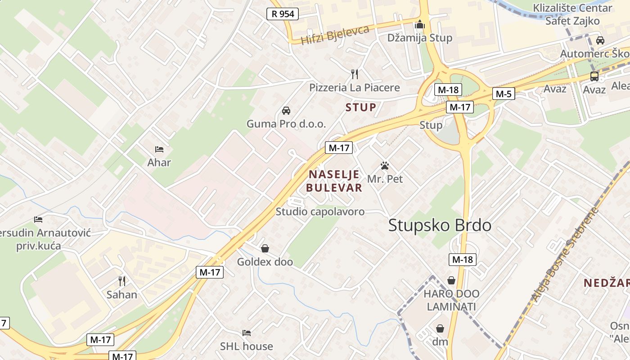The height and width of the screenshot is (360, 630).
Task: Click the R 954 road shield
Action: (x=283, y=14)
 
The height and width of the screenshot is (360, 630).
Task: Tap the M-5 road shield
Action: (x=503, y=94)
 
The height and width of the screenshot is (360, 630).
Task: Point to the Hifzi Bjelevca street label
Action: (x=335, y=35)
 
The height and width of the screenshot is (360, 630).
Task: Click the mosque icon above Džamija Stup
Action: (x=420, y=24)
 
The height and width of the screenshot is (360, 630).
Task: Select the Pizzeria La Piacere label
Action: (x=354, y=87)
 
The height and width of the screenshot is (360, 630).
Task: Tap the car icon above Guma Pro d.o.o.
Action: (x=286, y=111)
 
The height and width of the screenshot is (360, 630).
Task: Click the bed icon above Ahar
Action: (x=159, y=149)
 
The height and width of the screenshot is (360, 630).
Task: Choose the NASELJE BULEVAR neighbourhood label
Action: (x=334, y=181)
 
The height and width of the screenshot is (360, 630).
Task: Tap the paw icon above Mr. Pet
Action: (x=384, y=166)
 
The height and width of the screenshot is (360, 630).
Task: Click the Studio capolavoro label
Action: (x=320, y=211)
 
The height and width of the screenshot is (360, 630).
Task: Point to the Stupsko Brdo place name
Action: (x=440, y=225)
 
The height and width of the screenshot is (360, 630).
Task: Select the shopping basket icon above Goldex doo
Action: (x=265, y=248)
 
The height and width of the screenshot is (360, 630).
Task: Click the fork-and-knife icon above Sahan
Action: (x=121, y=281)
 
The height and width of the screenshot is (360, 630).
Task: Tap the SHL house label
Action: (x=246, y=346)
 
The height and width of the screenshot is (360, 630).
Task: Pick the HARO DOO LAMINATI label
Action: (x=451, y=300)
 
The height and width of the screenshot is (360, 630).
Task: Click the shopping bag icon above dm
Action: (x=440, y=329)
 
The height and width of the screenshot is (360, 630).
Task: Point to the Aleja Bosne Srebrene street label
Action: (x=565, y=254)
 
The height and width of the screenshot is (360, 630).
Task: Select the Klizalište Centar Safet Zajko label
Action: (x=572, y=14)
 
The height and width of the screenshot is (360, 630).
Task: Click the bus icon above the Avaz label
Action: (x=594, y=76)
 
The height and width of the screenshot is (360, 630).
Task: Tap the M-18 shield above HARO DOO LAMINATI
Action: (x=462, y=259)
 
